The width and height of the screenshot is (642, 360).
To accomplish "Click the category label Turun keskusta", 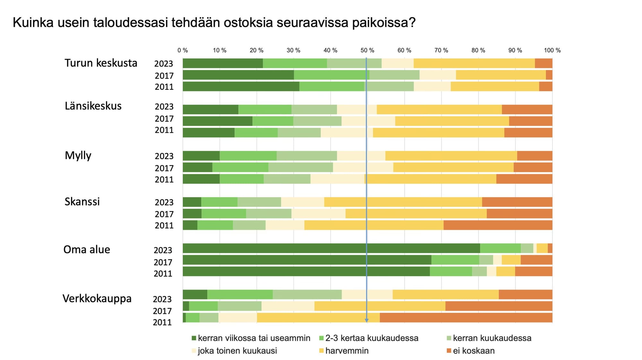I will pyautogui.click(x=101, y=63).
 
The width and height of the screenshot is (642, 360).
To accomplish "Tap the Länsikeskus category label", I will pyautogui.click(x=93, y=106).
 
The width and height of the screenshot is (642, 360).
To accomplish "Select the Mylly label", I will pyautogui.click(x=78, y=155).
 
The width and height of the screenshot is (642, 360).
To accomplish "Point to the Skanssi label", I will pyautogui.click(x=82, y=201).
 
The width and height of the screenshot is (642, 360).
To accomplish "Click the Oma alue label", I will pyautogui.click(x=87, y=249).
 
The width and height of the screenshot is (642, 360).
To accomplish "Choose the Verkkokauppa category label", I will pyautogui.click(x=97, y=298).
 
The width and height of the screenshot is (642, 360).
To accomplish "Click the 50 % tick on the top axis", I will pyautogui.click(x=367, y=50).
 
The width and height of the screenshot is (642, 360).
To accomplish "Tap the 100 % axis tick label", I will pyautogui.click(x=552, y=50).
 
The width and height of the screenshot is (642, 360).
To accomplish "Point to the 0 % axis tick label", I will pyautogui.click(x=183, y=50).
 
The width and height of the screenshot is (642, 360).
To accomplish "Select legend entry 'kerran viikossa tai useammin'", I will pyautogui.click(x=254, y=338).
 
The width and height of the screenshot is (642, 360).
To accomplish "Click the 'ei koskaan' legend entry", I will pyautogui.click(x=473, y=351).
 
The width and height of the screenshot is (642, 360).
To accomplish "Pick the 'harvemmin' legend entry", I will pyautogui.click(x=347, y=351).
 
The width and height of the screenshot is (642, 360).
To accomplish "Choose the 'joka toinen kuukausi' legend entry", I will pyautogui.click(x=237, y=351).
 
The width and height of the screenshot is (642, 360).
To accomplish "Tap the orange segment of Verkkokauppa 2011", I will pyautogui.click(x=466, y=318).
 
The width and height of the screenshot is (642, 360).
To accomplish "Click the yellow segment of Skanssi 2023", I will pyautogui.click(x=403, y=202).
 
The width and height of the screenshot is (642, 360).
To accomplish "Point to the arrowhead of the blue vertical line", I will pyautogui.click(x=367, y=320).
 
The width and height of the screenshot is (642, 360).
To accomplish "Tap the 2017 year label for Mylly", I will pyautogui.click(x=164, y=168).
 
